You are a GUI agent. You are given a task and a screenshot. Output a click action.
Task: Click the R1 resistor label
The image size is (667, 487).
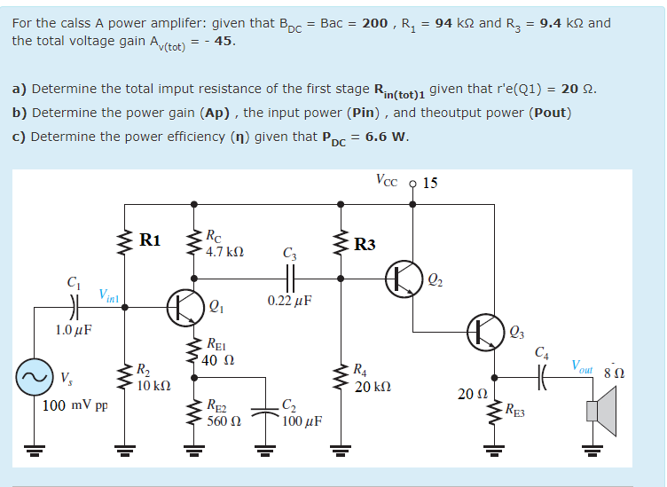(151, 240)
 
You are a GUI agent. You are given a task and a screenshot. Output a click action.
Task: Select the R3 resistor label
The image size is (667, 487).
(365, 245)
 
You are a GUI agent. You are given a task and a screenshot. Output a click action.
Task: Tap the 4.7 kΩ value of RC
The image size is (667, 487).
(224, 252)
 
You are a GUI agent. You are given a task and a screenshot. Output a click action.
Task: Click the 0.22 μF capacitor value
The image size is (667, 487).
(289, 301)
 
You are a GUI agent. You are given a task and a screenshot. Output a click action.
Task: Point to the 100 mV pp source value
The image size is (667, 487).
(75, 405)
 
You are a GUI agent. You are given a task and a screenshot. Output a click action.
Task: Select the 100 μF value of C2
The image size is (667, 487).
(302, 420)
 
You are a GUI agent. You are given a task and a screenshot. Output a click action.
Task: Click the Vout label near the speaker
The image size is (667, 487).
(585, 365)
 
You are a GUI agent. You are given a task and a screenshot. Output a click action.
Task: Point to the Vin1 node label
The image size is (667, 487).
(110, 295)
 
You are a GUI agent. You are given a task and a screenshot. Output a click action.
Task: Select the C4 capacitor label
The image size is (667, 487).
(541, 352)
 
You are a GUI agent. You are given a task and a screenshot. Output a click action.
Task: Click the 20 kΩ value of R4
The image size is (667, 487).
(373, 388)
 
